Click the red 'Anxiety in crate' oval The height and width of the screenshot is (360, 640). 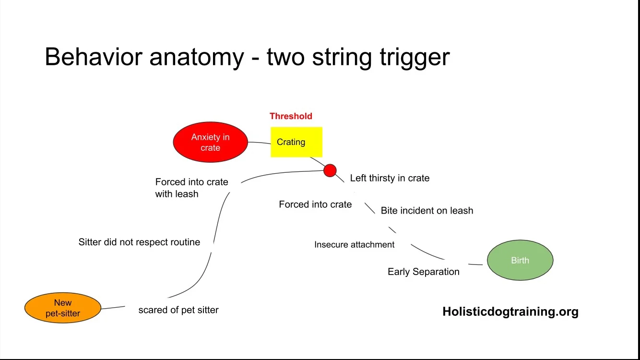[210, 142]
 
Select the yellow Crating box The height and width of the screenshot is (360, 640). [296, 142]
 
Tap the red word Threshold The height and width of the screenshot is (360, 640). [291, 116]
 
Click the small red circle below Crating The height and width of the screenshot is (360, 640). [330, 170]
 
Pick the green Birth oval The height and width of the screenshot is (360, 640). [520, 260]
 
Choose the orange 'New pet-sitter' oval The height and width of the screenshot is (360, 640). [63, 308]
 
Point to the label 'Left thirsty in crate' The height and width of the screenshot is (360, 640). [390, 178]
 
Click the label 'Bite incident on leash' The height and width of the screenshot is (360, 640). [427, 210]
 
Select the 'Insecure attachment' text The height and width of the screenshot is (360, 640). [354, 244]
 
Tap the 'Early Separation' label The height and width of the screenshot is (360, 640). [423, 272]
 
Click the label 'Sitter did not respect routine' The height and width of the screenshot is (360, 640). [139, 242]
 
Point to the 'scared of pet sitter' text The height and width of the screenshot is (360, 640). [178, 310]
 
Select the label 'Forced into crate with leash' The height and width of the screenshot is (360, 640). [191, 188]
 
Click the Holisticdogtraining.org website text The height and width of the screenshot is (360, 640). [510, 312]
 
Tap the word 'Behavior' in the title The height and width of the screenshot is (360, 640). [94, 57]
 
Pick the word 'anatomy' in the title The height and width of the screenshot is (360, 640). [197, 58]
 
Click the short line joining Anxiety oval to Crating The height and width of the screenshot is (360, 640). [259, 143]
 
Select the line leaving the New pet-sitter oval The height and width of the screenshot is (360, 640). [113, 307]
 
